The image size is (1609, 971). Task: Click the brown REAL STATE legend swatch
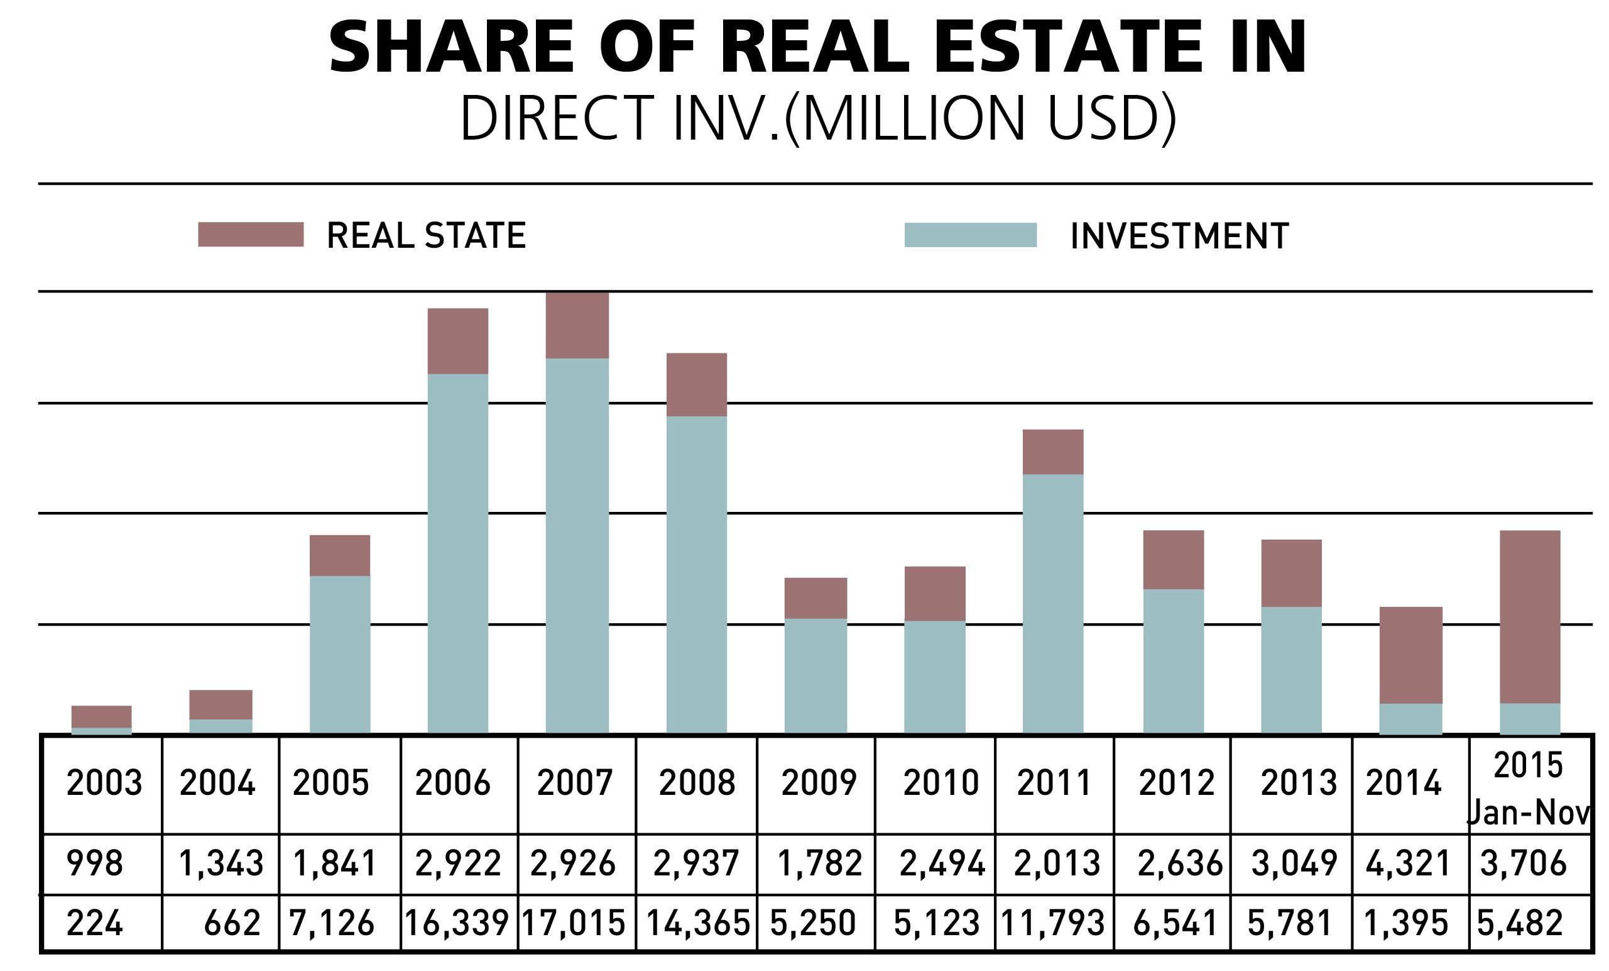[x=251, y=235]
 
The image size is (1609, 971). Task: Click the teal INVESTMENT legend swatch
[x=970, y=235]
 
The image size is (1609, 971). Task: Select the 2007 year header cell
[x=575, y=782]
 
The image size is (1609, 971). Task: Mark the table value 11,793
[x=1052, y=923]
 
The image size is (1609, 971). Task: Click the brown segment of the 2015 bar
[x=1530, y=616]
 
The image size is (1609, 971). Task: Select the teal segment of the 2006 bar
[x=458, y=552]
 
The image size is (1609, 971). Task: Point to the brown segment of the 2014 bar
[x=1410, y=655]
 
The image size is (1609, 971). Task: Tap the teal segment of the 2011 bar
[x=1052, y=602]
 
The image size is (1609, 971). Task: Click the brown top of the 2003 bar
[x=101, y=716]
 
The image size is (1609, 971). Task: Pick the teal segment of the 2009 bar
[x=815, y=675]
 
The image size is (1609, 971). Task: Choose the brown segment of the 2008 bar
[x=696, y=384]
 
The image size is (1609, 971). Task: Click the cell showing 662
[x=232, y=923]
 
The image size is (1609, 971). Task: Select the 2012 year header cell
[x=1177, y=782]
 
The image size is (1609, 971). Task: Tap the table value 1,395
[x=1407, y=923]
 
